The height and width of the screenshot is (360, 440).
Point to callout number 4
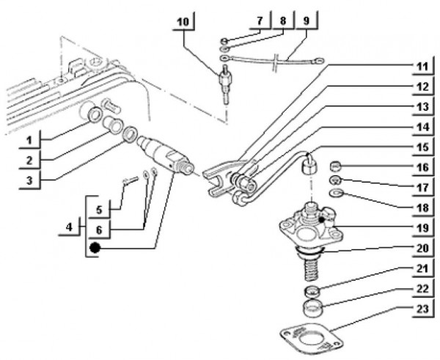[69, 229]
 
